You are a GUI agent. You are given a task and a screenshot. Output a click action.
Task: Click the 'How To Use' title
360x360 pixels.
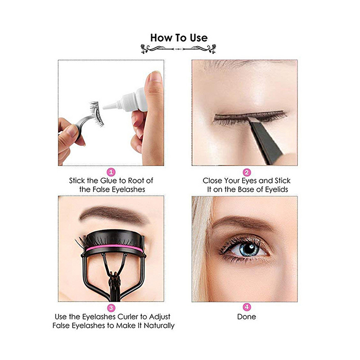(x=179, y=38)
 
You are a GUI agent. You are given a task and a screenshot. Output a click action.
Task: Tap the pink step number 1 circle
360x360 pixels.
(x=111, y=172)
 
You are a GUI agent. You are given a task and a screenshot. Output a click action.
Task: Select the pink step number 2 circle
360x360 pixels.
(x=247, y=172)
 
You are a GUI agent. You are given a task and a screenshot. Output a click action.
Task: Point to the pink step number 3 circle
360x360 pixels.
(x=111, y=308)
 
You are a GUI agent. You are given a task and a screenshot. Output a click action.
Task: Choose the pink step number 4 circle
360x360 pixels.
(x=247, y=307)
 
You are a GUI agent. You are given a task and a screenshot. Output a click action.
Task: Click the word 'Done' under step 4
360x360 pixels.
(x=247, y=317)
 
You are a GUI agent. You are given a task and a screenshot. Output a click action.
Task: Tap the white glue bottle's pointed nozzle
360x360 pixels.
(x=110, y=106)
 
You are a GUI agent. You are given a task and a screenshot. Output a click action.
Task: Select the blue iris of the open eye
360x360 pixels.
(x=249, y=249)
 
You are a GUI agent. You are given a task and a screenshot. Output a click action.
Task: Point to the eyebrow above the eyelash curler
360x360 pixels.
(x=114, y=215)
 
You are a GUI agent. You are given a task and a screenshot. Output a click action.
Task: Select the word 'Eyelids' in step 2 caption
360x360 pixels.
(x=276, y=189)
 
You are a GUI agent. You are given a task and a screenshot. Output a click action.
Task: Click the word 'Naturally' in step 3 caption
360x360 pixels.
(x=159, y=326)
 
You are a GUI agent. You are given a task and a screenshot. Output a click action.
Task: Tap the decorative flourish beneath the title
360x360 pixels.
(x=178, y=49)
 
